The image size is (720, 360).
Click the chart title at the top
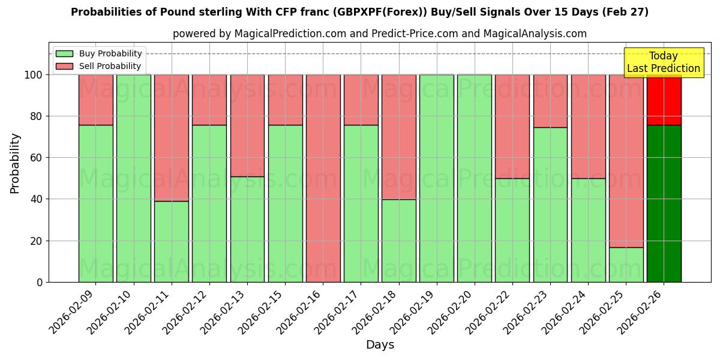pos(359,12)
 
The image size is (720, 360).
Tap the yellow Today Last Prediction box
pos(663,62)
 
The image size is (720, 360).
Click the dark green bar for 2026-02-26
pos(664,203)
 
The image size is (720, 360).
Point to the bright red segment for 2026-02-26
pos(664,100)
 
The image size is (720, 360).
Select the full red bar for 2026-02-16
pos(323,178)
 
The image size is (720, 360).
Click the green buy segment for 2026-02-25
pos(626,265)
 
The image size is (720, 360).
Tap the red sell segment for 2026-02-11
pos(172,137)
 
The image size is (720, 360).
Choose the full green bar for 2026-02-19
pos(436,178)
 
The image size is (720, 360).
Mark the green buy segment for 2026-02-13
pos(247,229)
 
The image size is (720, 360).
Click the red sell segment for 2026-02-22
pos(512,126)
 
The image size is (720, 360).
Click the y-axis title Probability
pos(15,163)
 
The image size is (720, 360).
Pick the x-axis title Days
pos(380,345)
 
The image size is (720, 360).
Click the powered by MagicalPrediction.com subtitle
pos(379,34)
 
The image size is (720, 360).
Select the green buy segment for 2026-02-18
pos(398,241)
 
